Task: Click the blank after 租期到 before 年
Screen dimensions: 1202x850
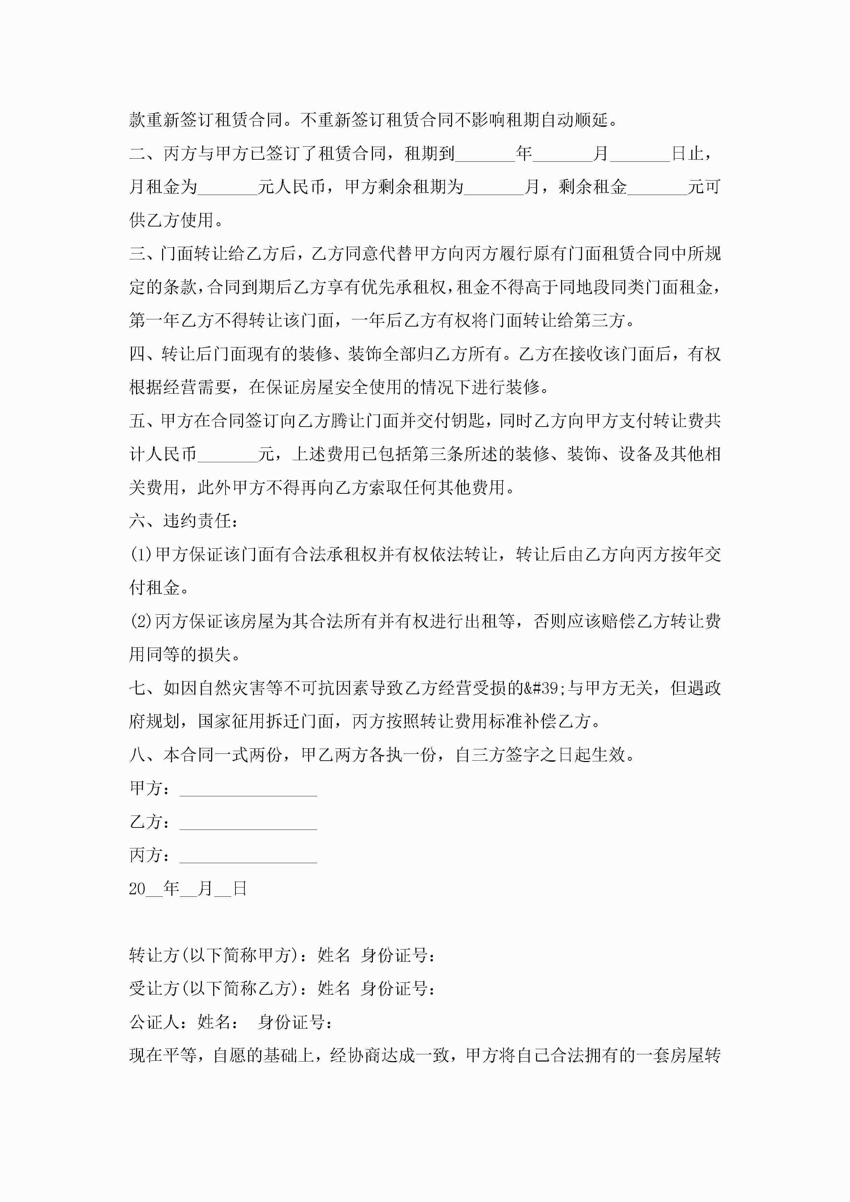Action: click(x=485, y=154)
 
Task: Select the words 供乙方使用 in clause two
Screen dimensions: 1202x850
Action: click(x=171, y=220)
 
